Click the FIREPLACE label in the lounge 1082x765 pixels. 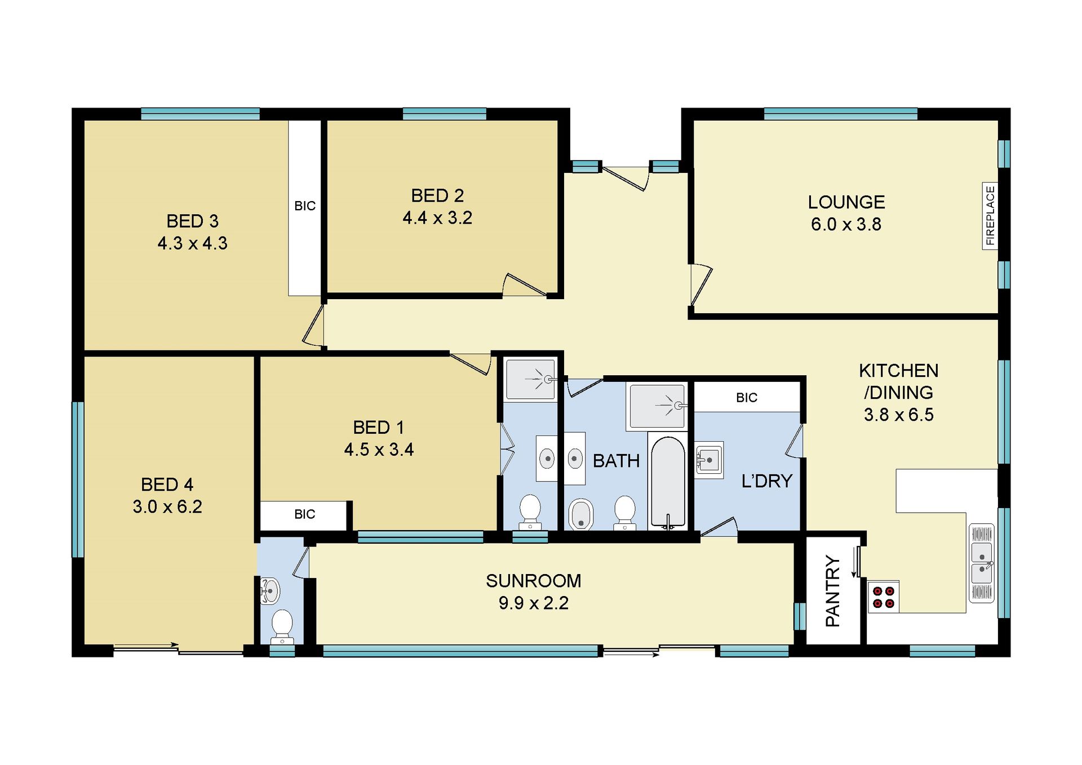coord(990,216)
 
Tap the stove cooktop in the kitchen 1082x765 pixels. coord(883,597)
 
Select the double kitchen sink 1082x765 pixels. coord(982,563)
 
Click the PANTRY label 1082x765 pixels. coord(832,591)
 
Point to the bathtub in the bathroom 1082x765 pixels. coord(668,482)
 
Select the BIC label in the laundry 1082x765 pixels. coord(747,398)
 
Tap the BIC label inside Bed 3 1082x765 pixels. coord(305,206)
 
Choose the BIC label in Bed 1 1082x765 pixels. coord(305,514)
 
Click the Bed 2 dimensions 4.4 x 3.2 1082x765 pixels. coord(437,218)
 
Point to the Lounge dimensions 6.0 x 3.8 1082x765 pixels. coord(846,224)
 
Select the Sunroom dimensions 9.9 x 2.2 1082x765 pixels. coord(534,603)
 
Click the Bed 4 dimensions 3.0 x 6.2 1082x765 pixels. coord(167,507)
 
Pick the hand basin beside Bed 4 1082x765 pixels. coord(270,591)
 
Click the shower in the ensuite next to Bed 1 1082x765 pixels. coord(530,379)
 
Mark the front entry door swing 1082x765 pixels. coord(626,178)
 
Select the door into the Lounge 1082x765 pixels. coord(701,285)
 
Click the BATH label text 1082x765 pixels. coord(616,461)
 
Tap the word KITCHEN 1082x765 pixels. coord(899,371)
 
